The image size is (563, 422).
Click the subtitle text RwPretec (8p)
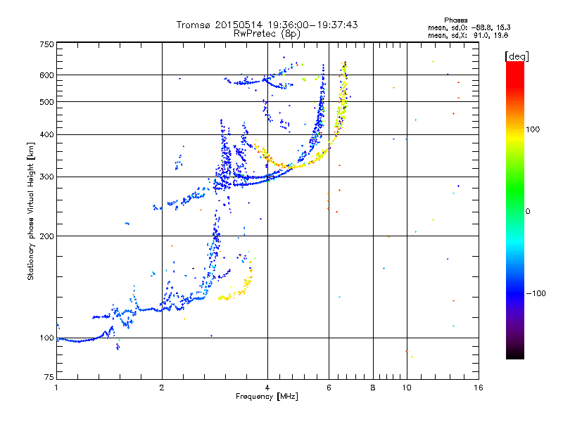[267, 34]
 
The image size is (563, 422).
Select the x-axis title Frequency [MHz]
[267, 397]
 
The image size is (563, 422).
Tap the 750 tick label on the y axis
[46, 44]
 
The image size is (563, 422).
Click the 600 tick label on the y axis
[46, 75]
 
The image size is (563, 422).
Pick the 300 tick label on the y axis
[46, 177]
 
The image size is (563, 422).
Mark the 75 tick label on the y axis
[49, 377]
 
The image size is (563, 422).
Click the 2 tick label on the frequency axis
[162, 388]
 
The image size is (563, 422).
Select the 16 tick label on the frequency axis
[479, 388]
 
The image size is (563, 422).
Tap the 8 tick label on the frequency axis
[373, 388]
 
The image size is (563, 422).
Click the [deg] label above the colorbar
[517, 57]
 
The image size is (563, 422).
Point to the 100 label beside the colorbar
[533, 129]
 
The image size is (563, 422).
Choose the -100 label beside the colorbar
[536, 293]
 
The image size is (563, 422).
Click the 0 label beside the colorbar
[527, 211]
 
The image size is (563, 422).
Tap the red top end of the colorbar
[515, 63]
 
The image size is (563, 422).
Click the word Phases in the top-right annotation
[455, 20]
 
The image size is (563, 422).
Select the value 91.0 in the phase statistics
[482, 35]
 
